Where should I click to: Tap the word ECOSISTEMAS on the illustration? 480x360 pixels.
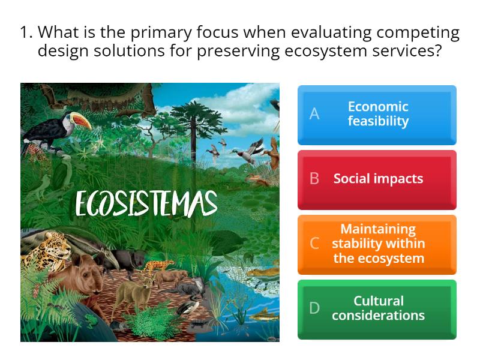(146, 204)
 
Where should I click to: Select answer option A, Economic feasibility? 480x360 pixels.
(377, 115)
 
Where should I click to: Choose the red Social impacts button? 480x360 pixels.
(377, 179)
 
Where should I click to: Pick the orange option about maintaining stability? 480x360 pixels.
(377, 244)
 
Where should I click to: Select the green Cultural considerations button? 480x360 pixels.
(377, 308)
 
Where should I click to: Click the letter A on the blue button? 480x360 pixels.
(314, 114)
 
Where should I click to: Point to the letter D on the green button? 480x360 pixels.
(314, 308)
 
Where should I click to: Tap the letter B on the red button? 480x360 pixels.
(314, 179)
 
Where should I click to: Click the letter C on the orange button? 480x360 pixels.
(314, 244)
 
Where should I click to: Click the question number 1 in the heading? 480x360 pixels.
(25, 32)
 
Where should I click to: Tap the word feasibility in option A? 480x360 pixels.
(378, 121)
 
